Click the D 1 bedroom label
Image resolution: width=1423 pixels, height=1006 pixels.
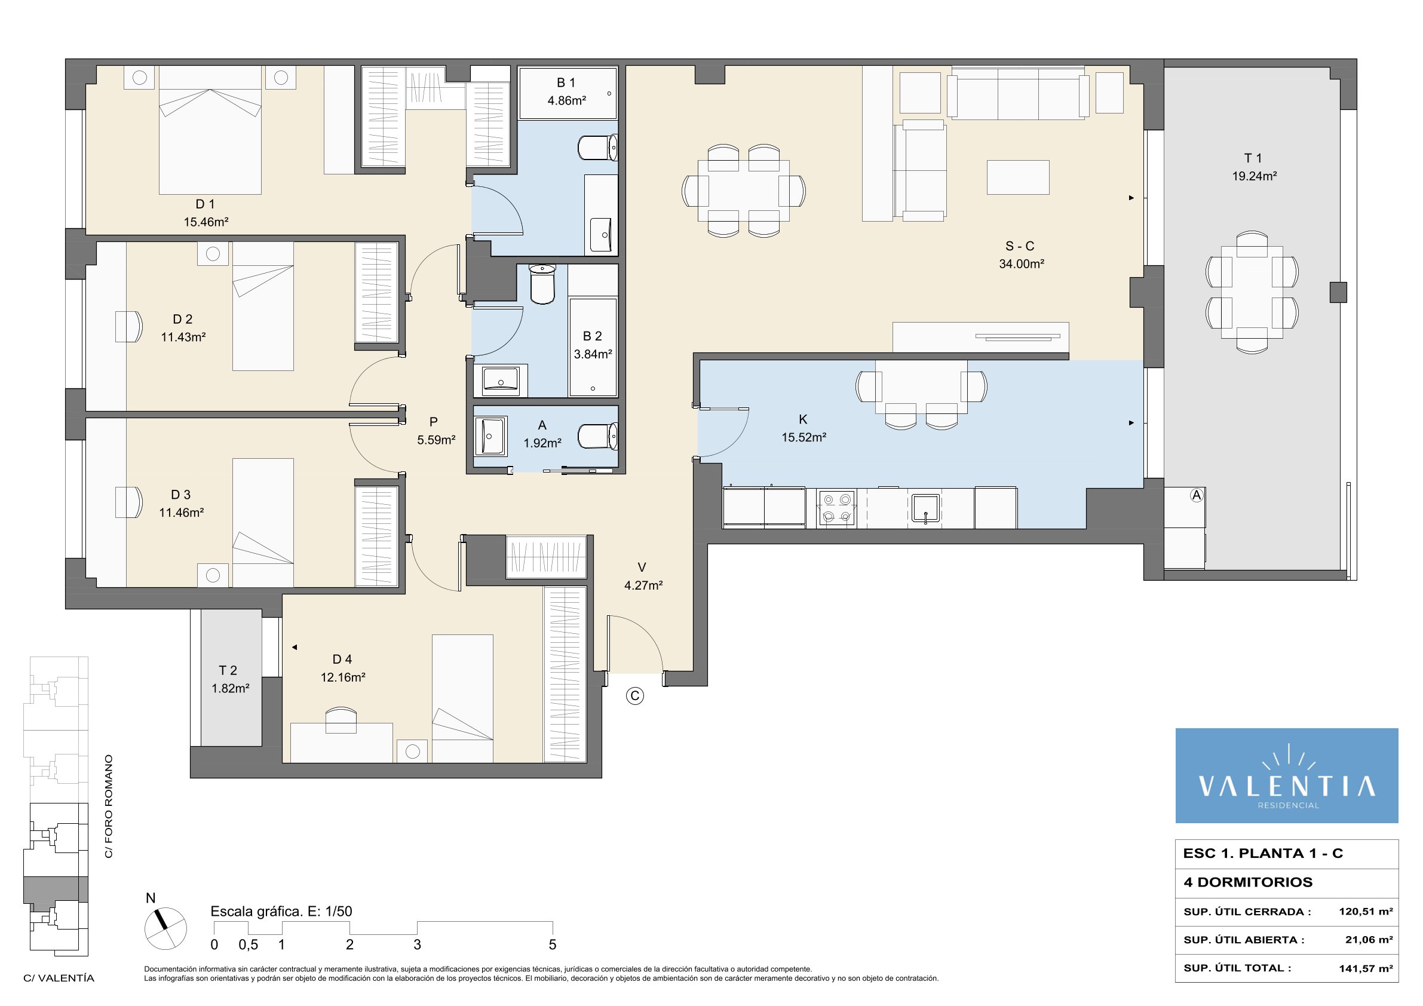205,204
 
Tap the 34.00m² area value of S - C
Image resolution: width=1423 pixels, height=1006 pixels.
1022,264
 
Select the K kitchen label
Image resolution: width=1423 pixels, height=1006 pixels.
803,419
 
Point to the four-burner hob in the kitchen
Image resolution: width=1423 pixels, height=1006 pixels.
836,508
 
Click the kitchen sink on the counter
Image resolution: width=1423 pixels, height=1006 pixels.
926,508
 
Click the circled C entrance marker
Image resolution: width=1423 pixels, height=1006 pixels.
634,696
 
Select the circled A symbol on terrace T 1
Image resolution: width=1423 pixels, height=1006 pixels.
1197,495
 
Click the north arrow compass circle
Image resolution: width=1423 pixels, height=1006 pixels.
165,928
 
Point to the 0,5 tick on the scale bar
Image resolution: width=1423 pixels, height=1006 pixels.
248,944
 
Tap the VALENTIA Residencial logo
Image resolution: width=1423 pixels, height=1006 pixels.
1287,775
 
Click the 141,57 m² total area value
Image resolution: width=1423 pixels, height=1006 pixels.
1366,968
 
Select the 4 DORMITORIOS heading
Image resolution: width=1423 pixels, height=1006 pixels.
1247,882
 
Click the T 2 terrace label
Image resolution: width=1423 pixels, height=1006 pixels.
228,670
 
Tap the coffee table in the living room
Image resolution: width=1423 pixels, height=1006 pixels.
1019,177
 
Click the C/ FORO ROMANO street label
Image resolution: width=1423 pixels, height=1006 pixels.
109,806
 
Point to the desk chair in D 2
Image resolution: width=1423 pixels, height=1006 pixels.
129,326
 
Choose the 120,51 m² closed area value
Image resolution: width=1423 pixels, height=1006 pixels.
1366,912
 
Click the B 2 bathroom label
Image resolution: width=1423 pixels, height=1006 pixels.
593,336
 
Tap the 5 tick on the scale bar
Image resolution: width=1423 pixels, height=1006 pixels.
552,944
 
